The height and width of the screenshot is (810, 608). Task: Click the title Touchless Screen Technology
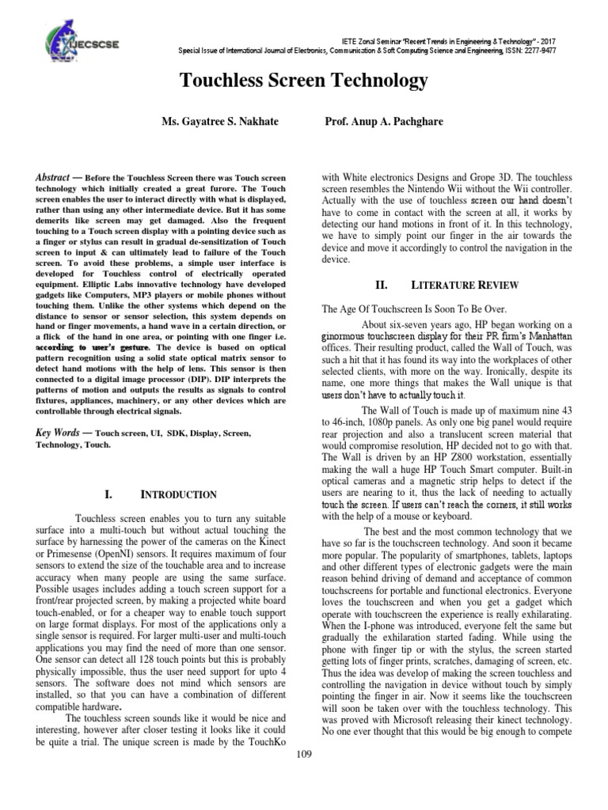(x=305, y=81)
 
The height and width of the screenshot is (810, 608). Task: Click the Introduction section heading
(x=178, y=495)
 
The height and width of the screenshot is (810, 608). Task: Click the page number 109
(x=304, y=755)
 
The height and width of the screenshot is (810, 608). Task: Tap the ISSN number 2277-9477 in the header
(x=563, y=47)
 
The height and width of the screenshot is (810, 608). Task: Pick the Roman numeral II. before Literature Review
(x=379, y=283)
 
